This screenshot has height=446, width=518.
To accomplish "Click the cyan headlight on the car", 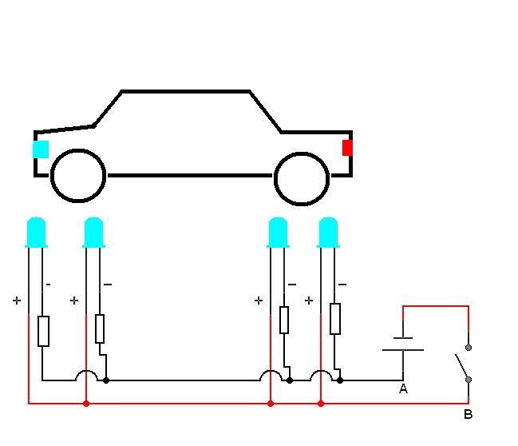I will (x=40, y=149).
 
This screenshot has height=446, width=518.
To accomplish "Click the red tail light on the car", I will (x=347, y=148).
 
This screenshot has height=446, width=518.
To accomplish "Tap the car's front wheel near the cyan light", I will (x=78, y=176).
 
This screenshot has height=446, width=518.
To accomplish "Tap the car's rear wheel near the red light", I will (x=302, y=176).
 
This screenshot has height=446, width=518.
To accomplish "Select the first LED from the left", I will (x=36, y=232).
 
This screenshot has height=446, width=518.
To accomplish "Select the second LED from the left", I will (x=93, y=232).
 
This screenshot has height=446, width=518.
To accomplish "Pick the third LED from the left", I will (x=278, y=232).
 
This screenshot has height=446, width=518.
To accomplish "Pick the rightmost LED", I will (x=328, y=232).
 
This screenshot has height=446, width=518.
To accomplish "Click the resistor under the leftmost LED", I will (x=43, y=331).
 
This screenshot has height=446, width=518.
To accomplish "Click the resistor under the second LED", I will (x=100, y=328).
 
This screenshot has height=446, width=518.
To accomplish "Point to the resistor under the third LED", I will (x=283, y=320).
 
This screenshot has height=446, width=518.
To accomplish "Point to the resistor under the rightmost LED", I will (x=335, y=318).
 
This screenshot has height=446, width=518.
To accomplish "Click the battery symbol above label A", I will (x=403, y=344).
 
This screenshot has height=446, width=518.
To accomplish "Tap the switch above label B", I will (x=463, y=364).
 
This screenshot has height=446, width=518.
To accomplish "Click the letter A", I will (x=403, y=389).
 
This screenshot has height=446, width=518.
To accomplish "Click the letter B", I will (x=468, y=415).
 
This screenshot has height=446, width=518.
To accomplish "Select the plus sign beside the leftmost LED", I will (x=16, y=301).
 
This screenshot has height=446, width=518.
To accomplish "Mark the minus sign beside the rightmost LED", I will (x=342, y=285).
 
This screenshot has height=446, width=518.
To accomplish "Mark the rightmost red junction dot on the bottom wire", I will (x=321, y=404).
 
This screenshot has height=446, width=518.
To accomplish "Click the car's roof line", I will (x=185, y=92).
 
